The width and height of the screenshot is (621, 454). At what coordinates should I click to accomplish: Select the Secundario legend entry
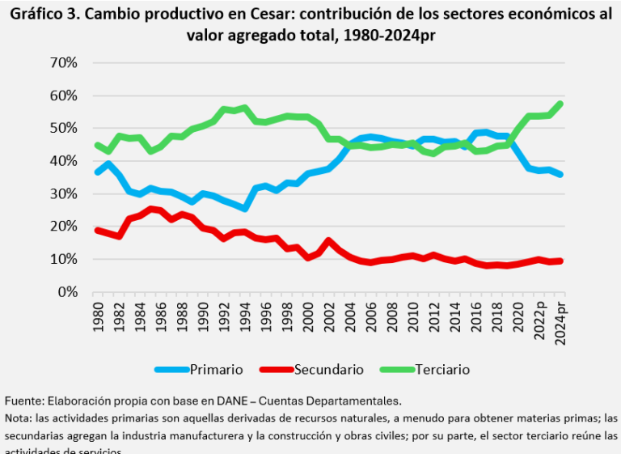point(328,369)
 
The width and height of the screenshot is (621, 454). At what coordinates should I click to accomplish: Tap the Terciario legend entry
point(441,369)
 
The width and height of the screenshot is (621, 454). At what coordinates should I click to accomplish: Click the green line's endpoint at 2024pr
point(560,104)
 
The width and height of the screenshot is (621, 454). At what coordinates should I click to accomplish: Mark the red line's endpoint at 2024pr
point(560,261)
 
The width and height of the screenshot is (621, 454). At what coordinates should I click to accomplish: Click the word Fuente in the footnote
point(23,401)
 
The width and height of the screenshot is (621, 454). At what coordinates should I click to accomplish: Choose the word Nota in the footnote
point(19,418)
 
